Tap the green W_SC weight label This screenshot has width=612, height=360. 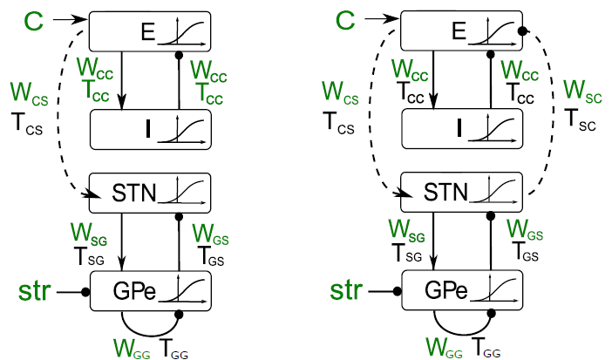[x=579, y=90]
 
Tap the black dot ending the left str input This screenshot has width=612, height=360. [x=86, y=291]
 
